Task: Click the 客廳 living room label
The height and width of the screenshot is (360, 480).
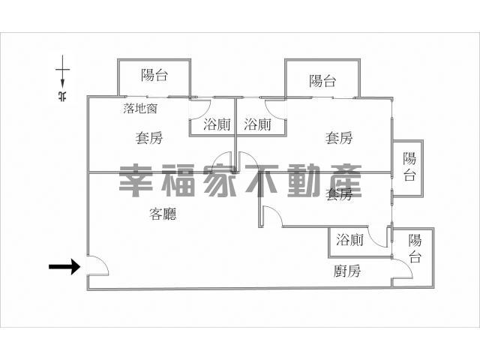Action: (163, 214)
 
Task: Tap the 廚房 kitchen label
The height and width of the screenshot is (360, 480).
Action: (347, 271)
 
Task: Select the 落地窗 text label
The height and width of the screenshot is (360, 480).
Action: (140, 108)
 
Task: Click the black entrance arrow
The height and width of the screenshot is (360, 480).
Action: (64, 266)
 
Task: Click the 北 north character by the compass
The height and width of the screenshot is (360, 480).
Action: (62, 96)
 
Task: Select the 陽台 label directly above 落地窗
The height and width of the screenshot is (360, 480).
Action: (154, 75)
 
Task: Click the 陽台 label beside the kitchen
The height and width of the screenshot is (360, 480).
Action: (415, 248)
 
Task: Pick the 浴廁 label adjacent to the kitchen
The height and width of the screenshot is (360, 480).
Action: (349, 239)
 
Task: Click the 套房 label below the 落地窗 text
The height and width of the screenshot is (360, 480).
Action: (149, 138)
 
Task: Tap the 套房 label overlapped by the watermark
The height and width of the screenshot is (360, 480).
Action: (339, 194)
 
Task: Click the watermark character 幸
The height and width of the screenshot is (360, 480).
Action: (136, 181)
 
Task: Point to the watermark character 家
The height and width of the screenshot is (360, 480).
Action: (220, 181)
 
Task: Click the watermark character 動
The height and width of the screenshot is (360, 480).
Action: (304, 181)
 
